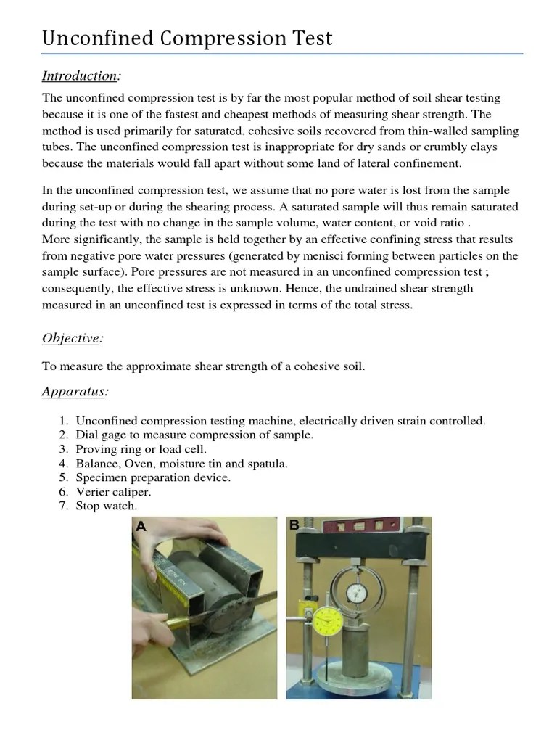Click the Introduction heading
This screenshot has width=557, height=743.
coord(81,75)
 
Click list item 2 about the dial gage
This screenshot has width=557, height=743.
coord(194,435)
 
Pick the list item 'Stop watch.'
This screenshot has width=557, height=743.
coord(107,506)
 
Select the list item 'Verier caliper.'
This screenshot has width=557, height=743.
coord(113,491)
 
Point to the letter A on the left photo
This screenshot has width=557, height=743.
coord(141,528)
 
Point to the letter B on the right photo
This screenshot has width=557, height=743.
coord(294,525)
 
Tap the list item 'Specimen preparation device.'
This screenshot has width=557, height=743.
coord(153,477)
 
